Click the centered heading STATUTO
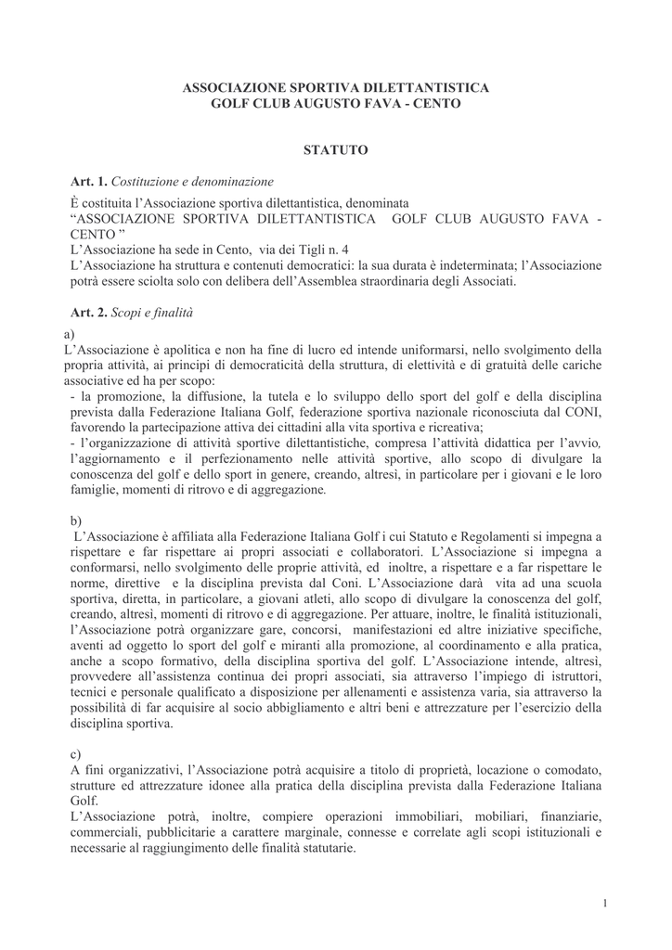tap(336, 149)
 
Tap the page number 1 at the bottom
tap(604, 903)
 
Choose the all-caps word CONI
tap(584, 412)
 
